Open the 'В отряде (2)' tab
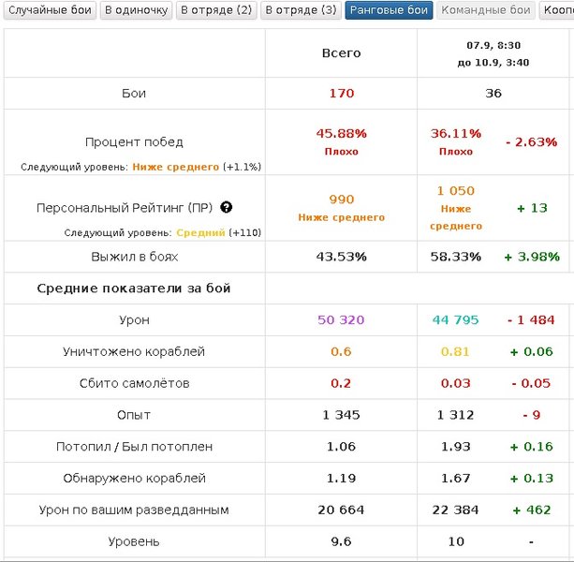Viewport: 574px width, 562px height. (x=215, y=10)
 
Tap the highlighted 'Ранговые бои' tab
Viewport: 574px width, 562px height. (x=389, y=10)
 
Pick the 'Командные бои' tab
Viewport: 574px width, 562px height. (x=486, y=10)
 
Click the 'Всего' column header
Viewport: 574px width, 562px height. (x=341, y=53)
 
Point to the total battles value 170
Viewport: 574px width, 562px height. (x=341, y=94)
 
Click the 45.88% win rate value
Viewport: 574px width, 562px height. (x=341, y=134)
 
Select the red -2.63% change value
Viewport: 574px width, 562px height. (x=531, y=142)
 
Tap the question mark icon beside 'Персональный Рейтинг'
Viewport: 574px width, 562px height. (x=226, y=208)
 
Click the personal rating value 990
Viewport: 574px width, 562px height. (x=341, y=200)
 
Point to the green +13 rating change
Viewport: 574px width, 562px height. (x=531, y=208)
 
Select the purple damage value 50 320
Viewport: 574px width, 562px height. (x=341, y=320)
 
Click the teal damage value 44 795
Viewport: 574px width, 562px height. (x=455, y=320)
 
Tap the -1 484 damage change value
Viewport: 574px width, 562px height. (x=531, y=320)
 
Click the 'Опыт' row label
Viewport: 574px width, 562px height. (x=134, y=415)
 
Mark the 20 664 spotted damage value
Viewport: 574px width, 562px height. (x=341, y=510)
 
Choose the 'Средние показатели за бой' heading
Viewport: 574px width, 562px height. (x=134, y=288)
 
